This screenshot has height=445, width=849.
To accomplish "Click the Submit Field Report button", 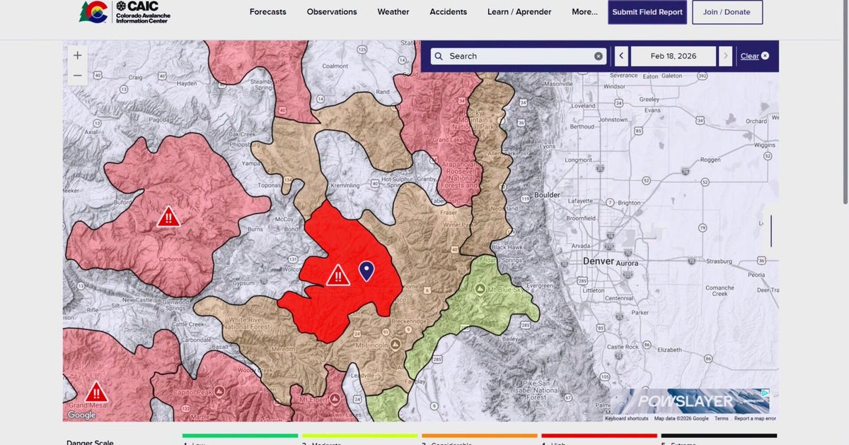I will [x=647, y=12].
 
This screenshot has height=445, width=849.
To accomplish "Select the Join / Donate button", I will [x=727, y=12].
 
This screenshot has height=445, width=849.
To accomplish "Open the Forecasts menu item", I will [x=267, y=12].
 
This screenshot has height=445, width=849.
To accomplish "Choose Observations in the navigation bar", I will [x=332, y=12].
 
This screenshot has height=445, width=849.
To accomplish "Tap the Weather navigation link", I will [x=393, y=12].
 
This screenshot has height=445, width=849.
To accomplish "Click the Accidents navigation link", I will [x=449, y=12].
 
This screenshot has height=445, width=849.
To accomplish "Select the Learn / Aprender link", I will [x=519, y=12].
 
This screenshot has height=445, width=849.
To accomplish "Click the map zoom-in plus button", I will [x=77, y=55].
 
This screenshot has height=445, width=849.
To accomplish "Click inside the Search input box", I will [x=516, y=57].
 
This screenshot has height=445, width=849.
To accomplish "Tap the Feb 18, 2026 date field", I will [x=673, y=57].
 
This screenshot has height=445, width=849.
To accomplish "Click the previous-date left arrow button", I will [x=621, y=57].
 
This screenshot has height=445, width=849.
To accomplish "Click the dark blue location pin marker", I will [x=366, y=270].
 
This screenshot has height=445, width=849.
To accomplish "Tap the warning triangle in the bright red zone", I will [x=338, y=275].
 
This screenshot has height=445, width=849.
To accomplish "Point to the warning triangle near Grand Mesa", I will [x=96, y=392].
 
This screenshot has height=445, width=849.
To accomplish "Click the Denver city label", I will [x=598, y=261].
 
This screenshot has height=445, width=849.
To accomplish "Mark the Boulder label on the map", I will [x=546, y=195].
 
